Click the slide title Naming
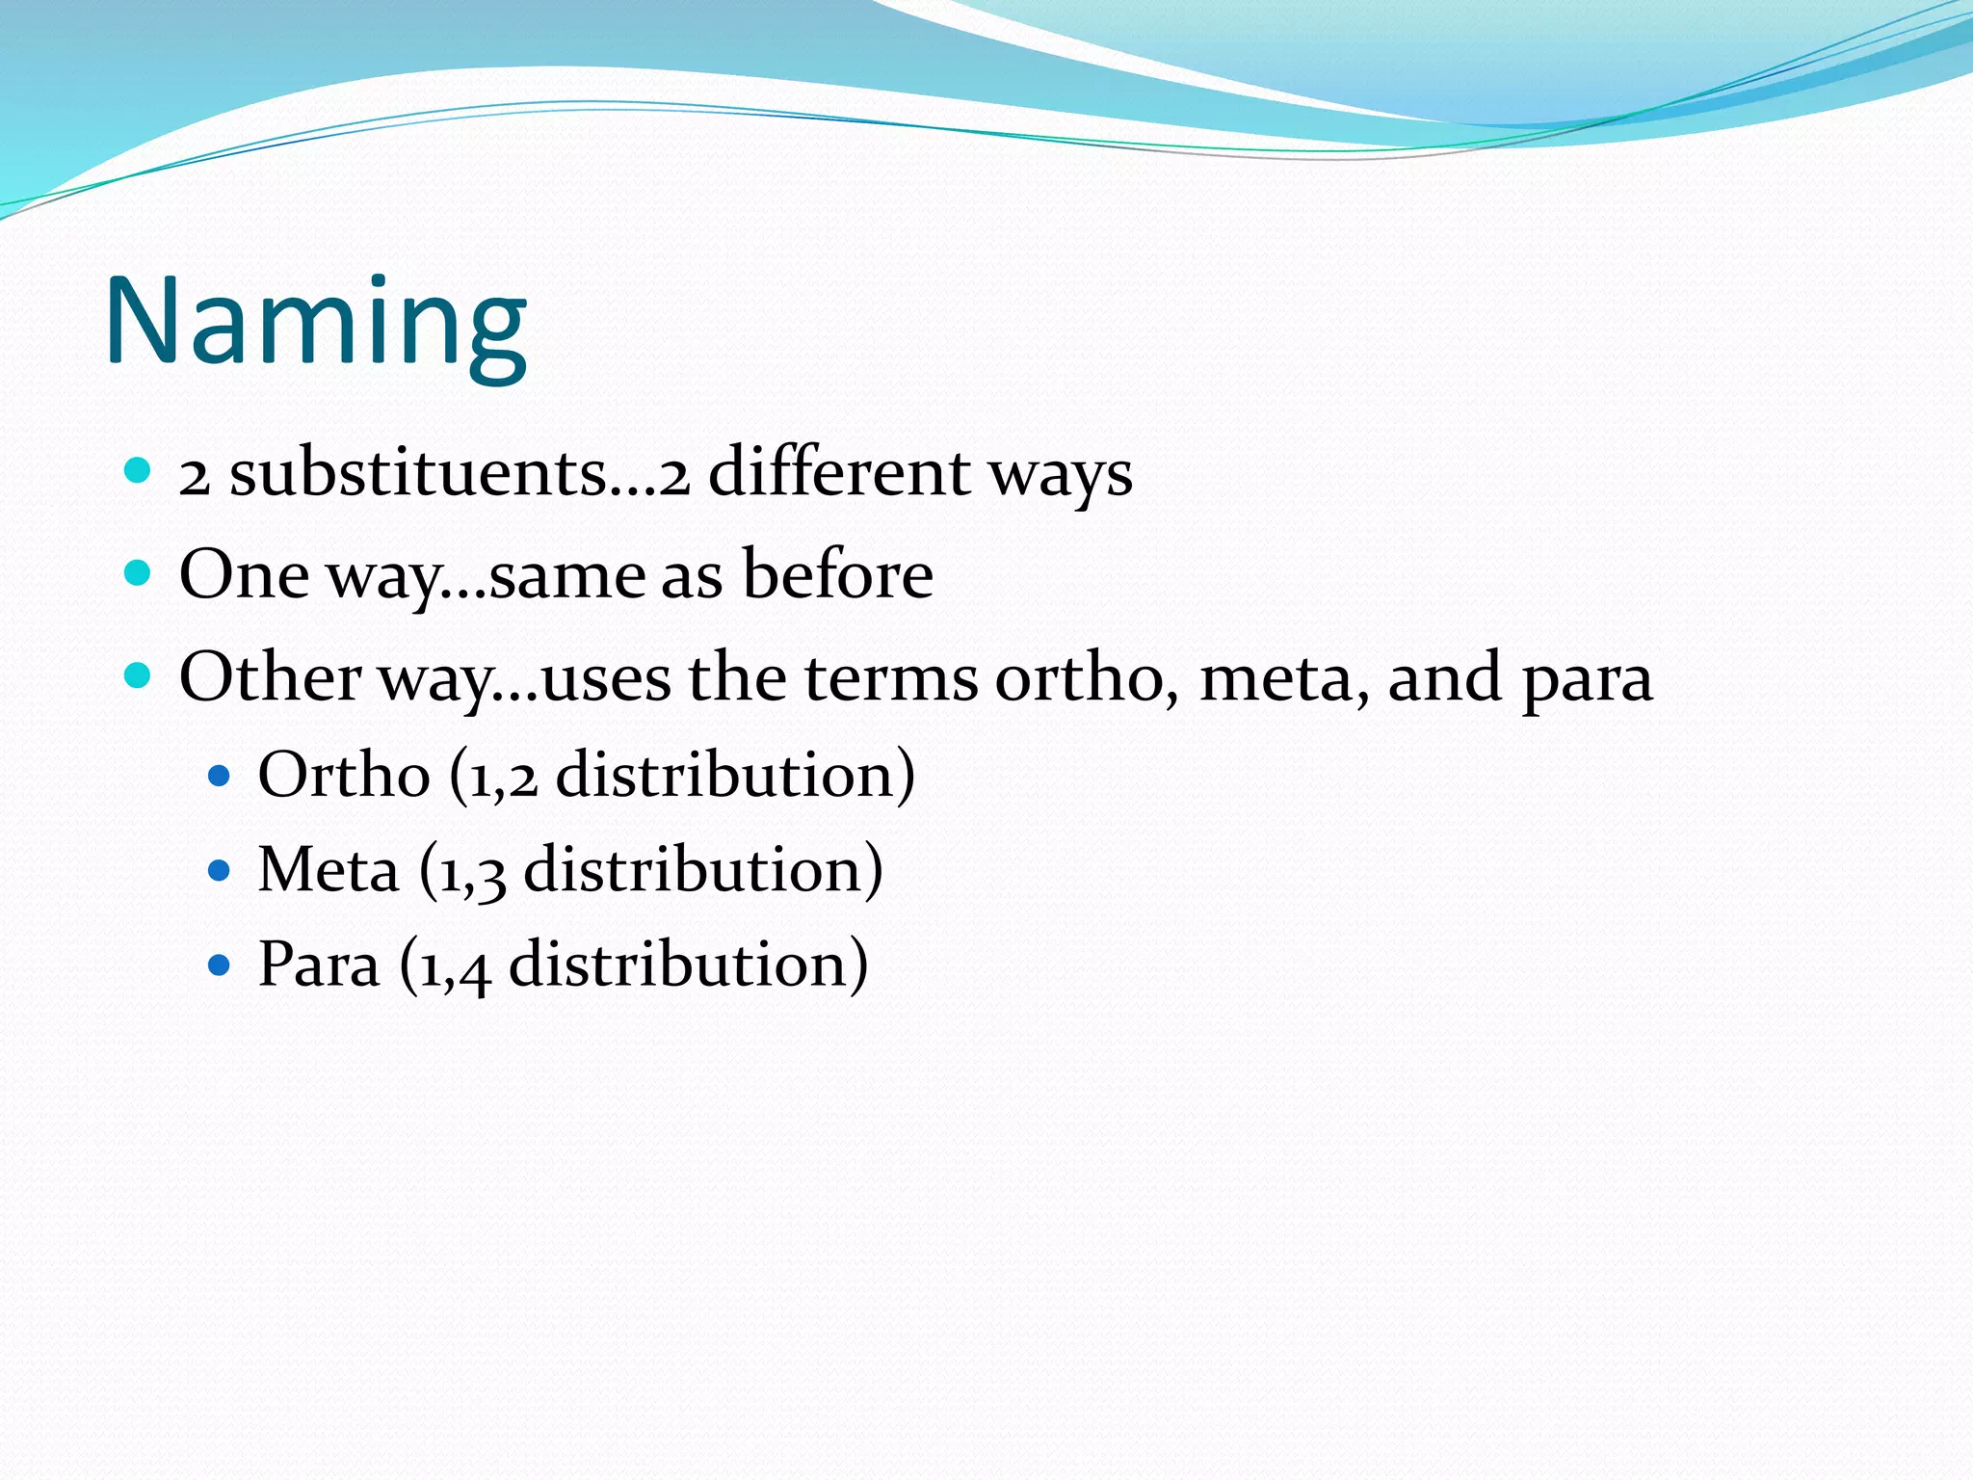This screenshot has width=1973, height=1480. point(316,323)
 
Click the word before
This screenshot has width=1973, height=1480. point(837,575)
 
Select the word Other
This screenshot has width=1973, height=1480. point(270,677)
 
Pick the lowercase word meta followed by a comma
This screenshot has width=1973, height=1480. point(1282,677)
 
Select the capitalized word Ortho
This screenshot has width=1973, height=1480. point(343,775)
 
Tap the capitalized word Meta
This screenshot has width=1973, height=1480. point(329,870)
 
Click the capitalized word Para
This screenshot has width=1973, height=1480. point(319,965)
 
